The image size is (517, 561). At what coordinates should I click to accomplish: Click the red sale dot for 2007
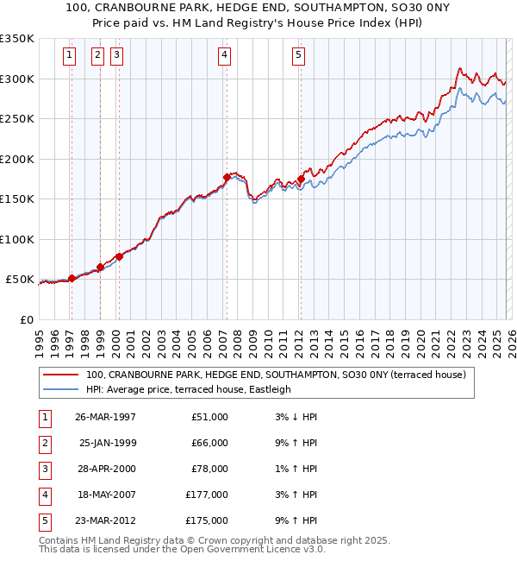(x=227, y=177)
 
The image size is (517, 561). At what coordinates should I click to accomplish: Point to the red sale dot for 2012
(x=301, y=179)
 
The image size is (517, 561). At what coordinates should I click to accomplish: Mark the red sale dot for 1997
(x=72, y=278)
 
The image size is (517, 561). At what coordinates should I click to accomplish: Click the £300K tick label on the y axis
(x=17, y=79)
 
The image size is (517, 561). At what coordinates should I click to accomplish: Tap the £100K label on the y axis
(x=17, y=239)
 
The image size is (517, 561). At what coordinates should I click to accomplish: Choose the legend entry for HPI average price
(x=188, y=389)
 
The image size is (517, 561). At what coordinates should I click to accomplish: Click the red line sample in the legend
(x=60, y=375)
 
